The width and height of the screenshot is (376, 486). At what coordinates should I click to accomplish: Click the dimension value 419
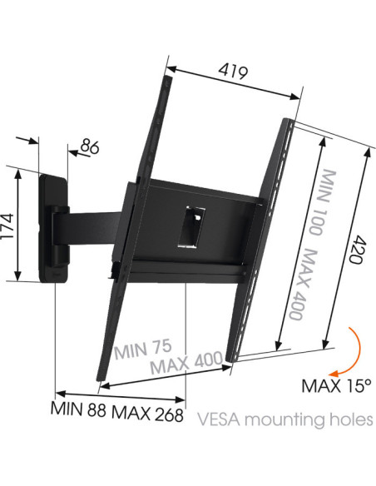click(x=233, y=72)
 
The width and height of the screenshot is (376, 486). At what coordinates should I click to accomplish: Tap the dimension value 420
click(x=356, y=250)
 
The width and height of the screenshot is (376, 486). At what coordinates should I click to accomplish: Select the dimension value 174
click(x=7, y=226)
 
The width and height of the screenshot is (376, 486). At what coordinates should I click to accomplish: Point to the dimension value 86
click(x=90, y=147)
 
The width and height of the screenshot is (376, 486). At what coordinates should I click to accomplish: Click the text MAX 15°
click(x=336, y=386)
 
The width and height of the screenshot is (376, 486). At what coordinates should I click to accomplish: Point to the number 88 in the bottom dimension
click(x=96, y=410)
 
